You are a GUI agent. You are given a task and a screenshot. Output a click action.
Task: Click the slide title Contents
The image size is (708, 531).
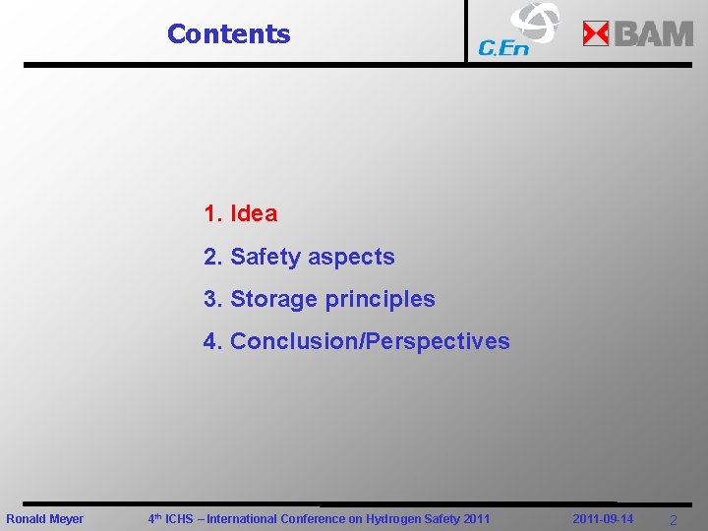(228, 33)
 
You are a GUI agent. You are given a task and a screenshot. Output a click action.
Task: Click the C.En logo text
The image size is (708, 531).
(502, 47)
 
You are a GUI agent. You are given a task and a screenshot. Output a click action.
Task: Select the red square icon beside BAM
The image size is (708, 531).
(596, 34)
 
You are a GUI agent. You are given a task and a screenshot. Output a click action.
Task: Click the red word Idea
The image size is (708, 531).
(254, 213)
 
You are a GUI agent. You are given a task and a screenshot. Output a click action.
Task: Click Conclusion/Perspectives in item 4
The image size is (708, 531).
(370, 341)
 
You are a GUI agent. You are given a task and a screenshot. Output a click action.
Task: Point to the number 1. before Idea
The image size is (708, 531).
(212, 213)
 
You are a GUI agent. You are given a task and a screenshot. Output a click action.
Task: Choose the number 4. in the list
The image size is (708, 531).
(212, 341)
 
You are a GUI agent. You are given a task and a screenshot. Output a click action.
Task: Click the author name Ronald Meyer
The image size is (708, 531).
(45, 518)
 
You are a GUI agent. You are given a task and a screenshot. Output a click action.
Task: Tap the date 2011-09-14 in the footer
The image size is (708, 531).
(603, 518)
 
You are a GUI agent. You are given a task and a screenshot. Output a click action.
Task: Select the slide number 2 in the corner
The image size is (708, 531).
(673, 519)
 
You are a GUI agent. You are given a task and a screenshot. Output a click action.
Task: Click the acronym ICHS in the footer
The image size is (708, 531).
(179, 518)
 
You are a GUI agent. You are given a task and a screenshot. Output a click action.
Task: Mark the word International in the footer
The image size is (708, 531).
(245, 518)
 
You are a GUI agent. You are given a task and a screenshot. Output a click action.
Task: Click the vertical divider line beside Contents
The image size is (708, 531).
(466, 31)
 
